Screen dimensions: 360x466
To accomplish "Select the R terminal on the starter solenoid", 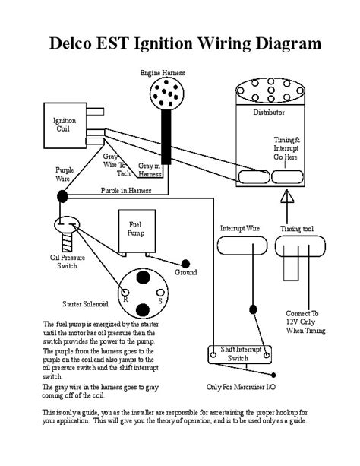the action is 125,293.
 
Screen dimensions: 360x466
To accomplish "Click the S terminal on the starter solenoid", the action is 160,293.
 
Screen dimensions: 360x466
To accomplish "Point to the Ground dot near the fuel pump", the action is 185,264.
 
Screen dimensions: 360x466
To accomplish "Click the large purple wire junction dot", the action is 62,196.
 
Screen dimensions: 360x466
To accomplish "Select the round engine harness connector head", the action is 166,94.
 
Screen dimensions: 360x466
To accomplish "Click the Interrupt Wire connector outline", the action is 218,246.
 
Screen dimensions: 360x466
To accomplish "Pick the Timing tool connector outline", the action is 276,246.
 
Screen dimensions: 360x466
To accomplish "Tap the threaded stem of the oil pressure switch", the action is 67,242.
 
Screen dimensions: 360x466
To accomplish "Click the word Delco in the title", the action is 71,43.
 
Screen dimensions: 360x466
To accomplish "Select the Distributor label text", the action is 269,113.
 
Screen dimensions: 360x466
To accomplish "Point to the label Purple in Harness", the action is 126,191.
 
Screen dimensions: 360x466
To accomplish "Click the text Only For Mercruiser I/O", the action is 241,387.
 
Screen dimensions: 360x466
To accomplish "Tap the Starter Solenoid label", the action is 85,304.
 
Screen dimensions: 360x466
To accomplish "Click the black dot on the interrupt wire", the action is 253,309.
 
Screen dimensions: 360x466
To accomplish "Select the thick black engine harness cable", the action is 166,137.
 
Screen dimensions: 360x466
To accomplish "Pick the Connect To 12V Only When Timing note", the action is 305,322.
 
